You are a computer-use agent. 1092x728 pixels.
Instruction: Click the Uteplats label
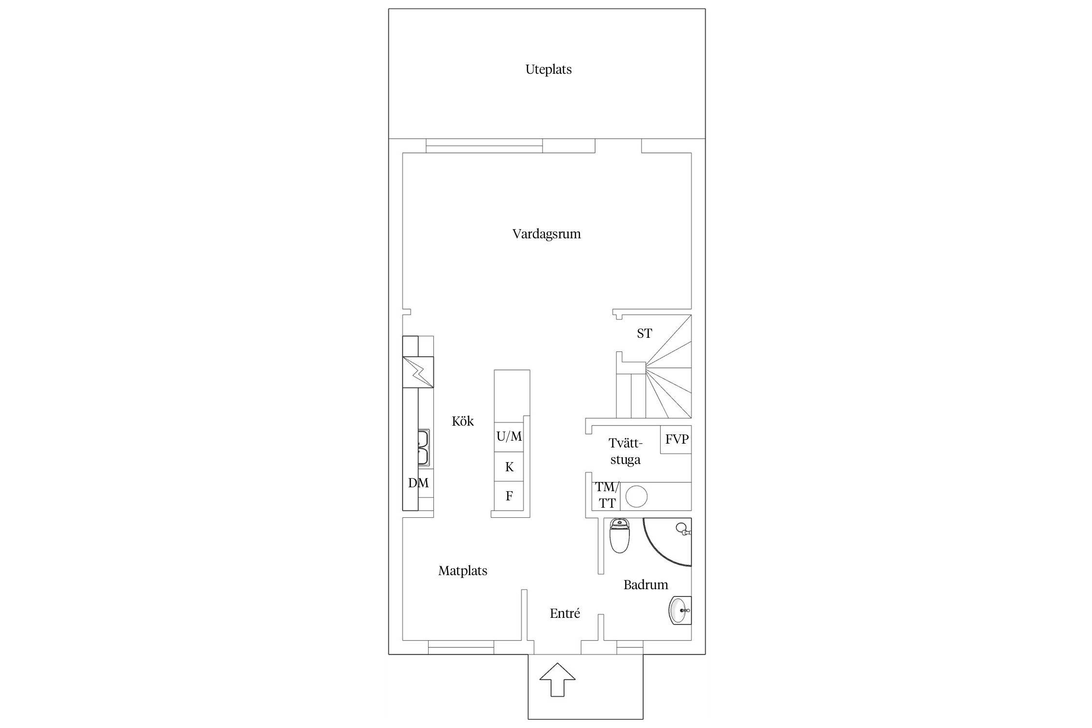[548, 69]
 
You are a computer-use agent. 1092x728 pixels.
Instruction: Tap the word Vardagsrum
[546, 234]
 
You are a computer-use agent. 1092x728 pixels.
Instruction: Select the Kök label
[463, 421]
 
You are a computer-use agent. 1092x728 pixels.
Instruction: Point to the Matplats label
[463, 571]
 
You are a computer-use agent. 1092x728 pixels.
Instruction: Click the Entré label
[565, 613]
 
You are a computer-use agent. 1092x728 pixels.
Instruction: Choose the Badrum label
[645, 584]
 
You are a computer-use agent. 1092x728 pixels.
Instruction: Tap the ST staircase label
[645, 333]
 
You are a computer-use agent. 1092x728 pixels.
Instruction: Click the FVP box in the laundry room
[676, 440]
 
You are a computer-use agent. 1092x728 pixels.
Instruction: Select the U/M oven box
[509, 437]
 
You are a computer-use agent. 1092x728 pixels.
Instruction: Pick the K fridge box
[509, 467]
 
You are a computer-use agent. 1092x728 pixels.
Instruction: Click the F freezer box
[509, 496]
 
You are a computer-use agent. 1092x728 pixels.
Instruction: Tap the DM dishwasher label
[418, 483]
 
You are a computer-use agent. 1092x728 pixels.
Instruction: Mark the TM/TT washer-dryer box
[606, 496]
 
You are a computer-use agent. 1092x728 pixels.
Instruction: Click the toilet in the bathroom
[619, 535]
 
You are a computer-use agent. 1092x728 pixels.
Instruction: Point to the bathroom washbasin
[680, 610]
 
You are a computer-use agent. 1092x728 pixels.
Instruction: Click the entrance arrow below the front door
[558, 679]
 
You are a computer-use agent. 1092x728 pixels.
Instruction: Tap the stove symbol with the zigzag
[418, 372]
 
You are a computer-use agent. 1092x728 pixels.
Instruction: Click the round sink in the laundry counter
[636, 496]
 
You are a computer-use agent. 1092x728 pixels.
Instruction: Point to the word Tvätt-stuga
[625, 451]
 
